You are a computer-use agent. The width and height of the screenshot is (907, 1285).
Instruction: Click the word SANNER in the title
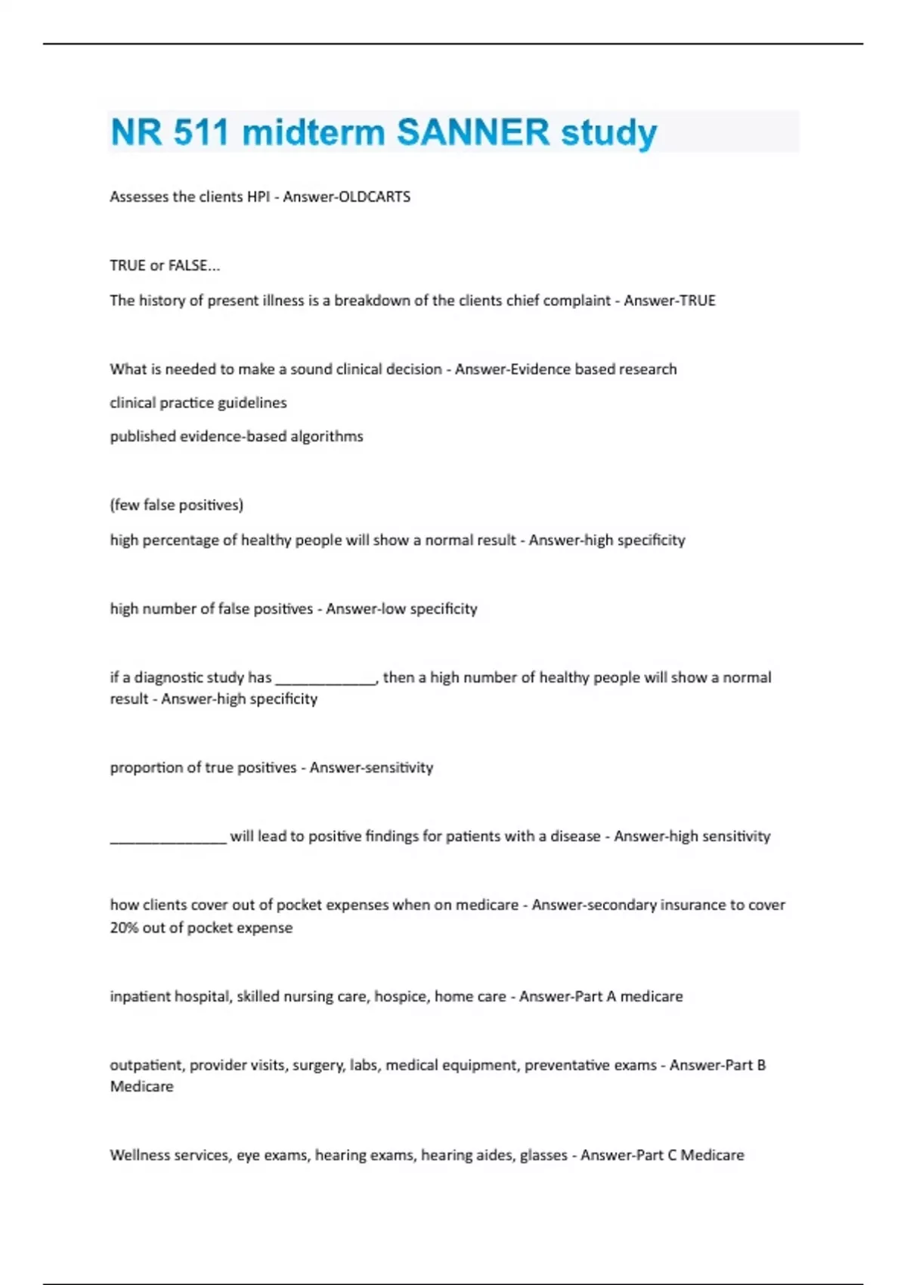pyautogui.click(x=473, y=132)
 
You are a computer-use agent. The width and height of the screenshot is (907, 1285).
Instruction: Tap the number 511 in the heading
pyautogui.click(x=200, y=132)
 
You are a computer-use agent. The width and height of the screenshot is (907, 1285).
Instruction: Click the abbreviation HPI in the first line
pyautogui.click(x=258, y=197)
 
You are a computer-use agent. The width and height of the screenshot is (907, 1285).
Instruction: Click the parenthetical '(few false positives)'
pyautogui.click(x=177, y=505)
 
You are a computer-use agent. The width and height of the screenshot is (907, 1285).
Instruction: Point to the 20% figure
pyautogui.click(x=124, y=927)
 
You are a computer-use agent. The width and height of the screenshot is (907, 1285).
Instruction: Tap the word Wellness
pyautogui.click(x=139, y=1155)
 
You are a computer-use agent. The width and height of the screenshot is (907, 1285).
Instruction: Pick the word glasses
pyautogui.click(x=543, y=1155)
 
